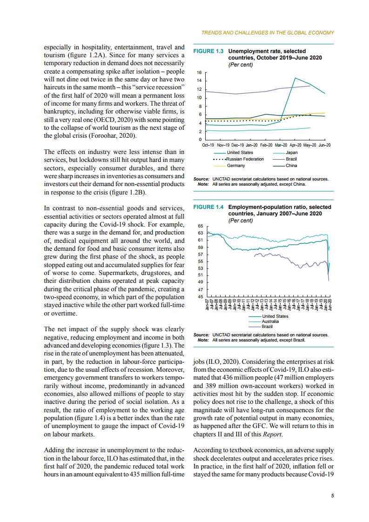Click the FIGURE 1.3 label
208,51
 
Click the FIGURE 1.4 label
208,207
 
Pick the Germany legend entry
236,166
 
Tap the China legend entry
292,166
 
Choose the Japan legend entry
292,153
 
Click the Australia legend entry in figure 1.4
270,321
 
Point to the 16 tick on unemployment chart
199,73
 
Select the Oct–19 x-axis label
208,146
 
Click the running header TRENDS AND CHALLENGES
268,33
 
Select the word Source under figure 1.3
201,179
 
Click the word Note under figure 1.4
203,340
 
